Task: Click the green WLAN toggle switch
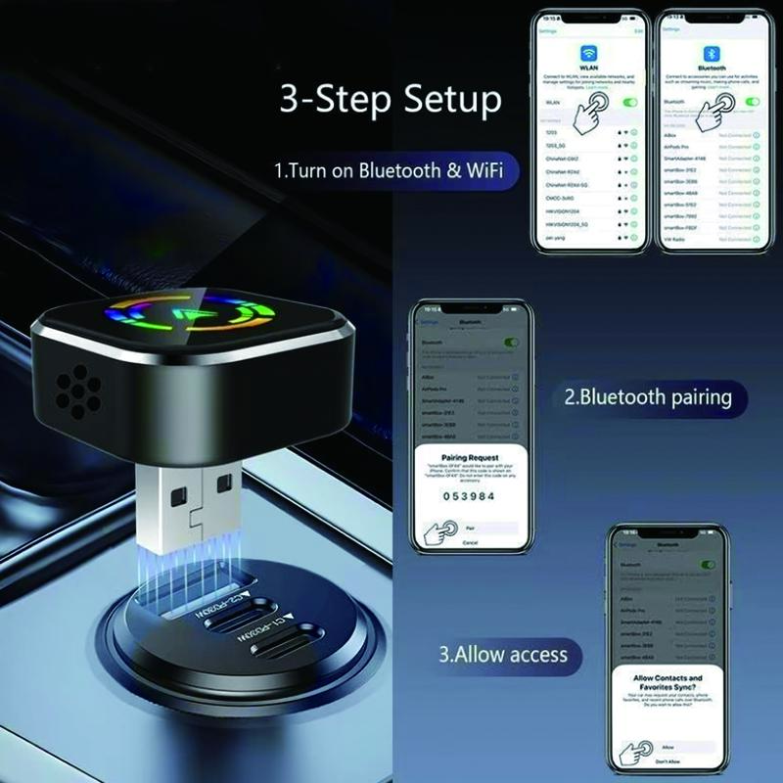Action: [x=629, y=102]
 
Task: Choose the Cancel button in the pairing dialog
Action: [x=470, y=541]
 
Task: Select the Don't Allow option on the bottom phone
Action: [x=668, y=761]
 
